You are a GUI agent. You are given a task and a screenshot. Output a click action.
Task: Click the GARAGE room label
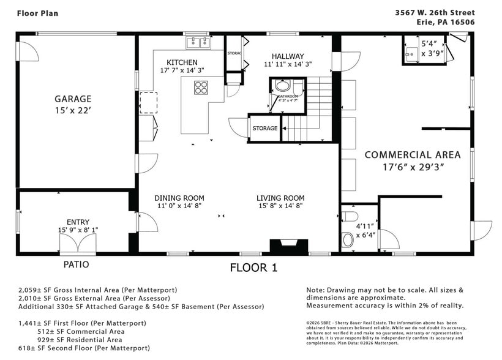click(x=73, y=99)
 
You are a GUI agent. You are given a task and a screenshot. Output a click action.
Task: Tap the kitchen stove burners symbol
click(x=201, y=88)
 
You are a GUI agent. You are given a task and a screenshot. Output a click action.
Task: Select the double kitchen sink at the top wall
click(x=198, y=42)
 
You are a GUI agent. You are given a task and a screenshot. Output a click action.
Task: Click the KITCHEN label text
click(x=182, y=62)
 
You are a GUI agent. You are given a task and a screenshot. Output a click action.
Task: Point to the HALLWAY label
click(x=288, y=56)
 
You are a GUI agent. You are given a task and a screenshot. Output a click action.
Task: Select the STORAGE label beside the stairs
click(x=265, y=129)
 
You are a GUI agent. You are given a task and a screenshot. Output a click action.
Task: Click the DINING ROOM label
click(x=179, y=198)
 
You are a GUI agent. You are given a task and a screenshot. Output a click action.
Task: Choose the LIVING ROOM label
click(x=280, y=198)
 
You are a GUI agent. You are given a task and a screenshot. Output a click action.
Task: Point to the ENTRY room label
click(x=78, y=222)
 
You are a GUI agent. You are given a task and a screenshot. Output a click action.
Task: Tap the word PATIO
click(x=76, y=265)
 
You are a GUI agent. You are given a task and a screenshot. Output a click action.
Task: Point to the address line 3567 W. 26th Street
click(x=435, y=12)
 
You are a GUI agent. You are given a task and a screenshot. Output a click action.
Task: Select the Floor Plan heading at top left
click(x=38, y=13)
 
